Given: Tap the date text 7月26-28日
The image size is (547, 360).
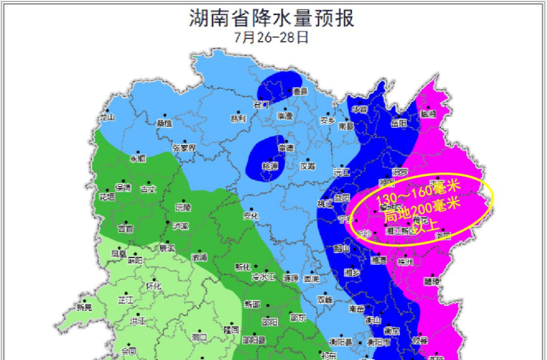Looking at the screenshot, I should pyautogui.click(x=271, y=37).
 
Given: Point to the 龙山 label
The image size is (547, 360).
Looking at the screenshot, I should pyautogui.click(x=107, y=117).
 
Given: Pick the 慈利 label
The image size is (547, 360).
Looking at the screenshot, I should pyautogui.click(x=237, y=118).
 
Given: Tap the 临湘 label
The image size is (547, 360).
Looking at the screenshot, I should pyautogui.click(x=427, y=114).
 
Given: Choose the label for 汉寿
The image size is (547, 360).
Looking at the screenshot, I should pyautogui.click(x=308, y=166).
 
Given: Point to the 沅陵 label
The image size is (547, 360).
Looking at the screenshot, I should pyautogui.click(x=183, y=207).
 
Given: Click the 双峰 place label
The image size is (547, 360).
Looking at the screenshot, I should pyautogui.click(x=324, y=299).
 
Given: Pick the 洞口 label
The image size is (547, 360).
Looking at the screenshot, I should pyautogui.click(x=200, y=337).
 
